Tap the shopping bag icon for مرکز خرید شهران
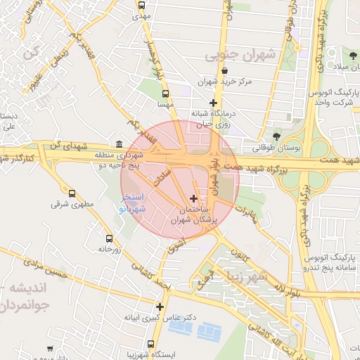[x=224, y=71]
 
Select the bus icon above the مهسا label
[x=165, y=93]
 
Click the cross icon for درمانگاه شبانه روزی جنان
[x=213, y=103]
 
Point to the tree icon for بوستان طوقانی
[x=276, y=136]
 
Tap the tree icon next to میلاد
[x=352, y=56]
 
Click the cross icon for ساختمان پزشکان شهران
[x=194, y=200]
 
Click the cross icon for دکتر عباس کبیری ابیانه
[x=160, y=307]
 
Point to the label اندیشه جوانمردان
[x=39, y=297]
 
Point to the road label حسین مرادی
[x=49, y=266]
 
